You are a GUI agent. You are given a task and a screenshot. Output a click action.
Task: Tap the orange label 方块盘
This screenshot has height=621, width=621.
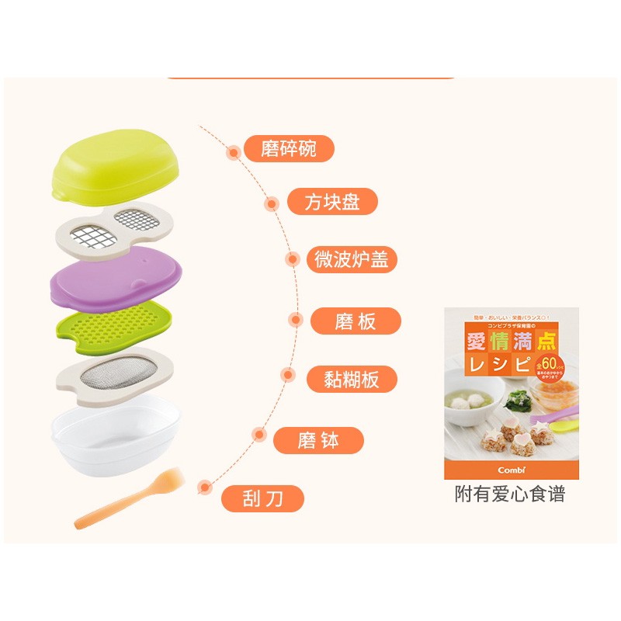tap(332, 203)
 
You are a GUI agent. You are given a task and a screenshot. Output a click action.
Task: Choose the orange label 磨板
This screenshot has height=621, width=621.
tap(356, 321)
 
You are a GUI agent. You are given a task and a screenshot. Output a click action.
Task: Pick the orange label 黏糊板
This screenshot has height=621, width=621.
tap(350, 379)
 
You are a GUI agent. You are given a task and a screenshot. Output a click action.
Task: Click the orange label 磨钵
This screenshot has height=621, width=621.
tap(318, 441)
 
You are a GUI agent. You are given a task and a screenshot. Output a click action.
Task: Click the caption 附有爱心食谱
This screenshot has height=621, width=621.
tap(510, 494)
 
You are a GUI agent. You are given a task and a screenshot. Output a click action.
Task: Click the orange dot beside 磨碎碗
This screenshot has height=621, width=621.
tap(234, 153)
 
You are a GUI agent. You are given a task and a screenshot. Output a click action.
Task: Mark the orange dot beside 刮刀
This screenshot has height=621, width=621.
tap(204, 487)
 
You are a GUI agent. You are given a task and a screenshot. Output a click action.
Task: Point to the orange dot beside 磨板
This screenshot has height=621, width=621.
tap(295, 319)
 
